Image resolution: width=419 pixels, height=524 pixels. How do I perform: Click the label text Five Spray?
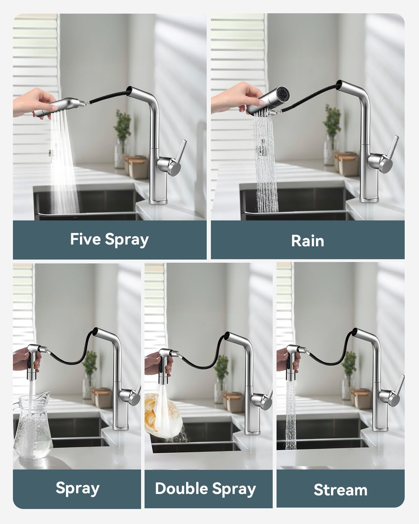click(x=109, y=240)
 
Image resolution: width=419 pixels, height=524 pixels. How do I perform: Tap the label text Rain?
click(x=307, y=241)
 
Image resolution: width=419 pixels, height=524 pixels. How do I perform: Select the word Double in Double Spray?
click(x=181, y=488)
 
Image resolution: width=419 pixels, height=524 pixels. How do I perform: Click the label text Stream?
click(x=340, y=490)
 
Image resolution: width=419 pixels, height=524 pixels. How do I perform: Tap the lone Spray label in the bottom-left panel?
click(x=78, y=488)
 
